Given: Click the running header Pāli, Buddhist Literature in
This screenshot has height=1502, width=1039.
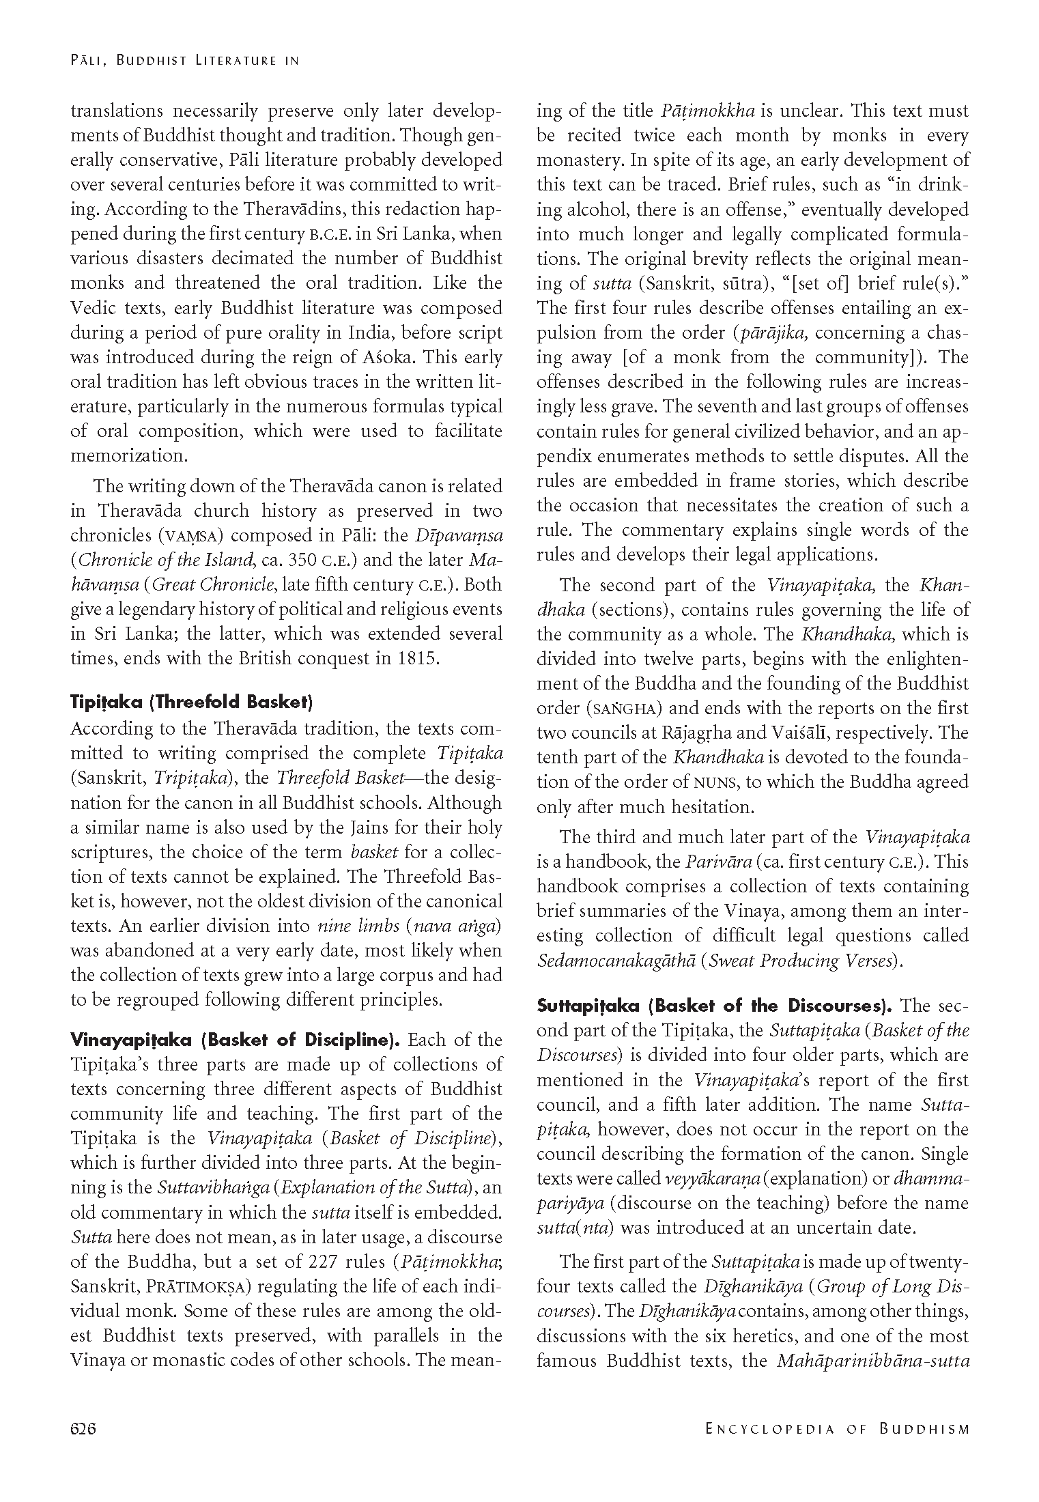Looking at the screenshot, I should click(185, 61).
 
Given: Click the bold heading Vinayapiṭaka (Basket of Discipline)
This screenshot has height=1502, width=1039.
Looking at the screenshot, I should click(235, 1040).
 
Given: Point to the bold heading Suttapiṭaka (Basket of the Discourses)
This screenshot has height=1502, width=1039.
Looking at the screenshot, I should click(714, 1006).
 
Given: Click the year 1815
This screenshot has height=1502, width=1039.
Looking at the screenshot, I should click(416, 659).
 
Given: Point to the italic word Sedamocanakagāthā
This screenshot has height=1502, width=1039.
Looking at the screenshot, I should click(616, 961).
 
